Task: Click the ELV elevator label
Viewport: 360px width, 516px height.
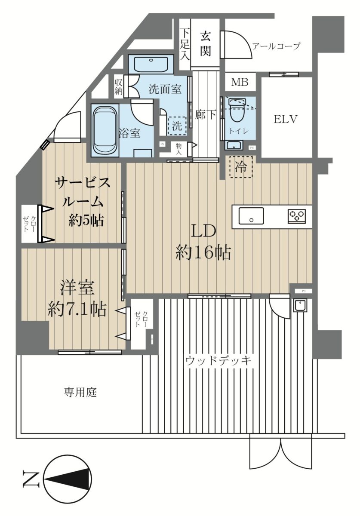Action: pos(285,119)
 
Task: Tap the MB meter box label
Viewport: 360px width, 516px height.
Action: pos(240,82)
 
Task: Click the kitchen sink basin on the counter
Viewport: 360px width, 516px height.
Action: pos(251,215)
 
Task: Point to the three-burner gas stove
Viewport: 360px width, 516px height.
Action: pos(297,216)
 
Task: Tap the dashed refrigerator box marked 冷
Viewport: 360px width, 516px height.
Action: pos(241,167)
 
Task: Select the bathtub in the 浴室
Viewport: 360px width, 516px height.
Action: pos(105,131)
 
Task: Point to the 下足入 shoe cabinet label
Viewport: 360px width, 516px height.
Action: pos(185,45)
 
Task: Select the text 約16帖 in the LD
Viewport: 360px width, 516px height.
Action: pos(203,253)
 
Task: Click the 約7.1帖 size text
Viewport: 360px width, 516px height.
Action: pos(77,309)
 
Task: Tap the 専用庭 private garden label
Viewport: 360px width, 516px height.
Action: pos(80,392)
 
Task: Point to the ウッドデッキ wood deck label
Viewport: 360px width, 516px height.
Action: pos(218,361)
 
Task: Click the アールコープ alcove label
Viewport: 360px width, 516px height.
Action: pos(276,46)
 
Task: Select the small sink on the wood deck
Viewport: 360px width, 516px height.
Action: pos(300,306)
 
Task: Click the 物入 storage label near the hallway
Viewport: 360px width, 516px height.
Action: pos(178,149)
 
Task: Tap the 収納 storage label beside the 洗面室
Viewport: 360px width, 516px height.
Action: pos(118,87)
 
